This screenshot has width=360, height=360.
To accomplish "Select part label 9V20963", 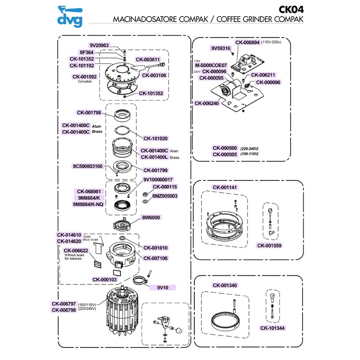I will pos(99,45).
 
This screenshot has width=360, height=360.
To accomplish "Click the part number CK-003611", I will pos(151,59).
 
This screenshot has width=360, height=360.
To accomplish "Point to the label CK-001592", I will pos(87,76).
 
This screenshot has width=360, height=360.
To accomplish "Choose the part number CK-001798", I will pos(89,112).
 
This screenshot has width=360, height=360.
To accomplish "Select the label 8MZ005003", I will pos(165,196).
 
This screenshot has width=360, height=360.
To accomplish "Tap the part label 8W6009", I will pos(152,217).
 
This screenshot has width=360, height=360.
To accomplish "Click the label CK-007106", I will pos(155,258).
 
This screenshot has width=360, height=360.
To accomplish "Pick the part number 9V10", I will pos(162,287).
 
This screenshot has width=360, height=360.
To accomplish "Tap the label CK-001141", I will pos(225,187).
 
